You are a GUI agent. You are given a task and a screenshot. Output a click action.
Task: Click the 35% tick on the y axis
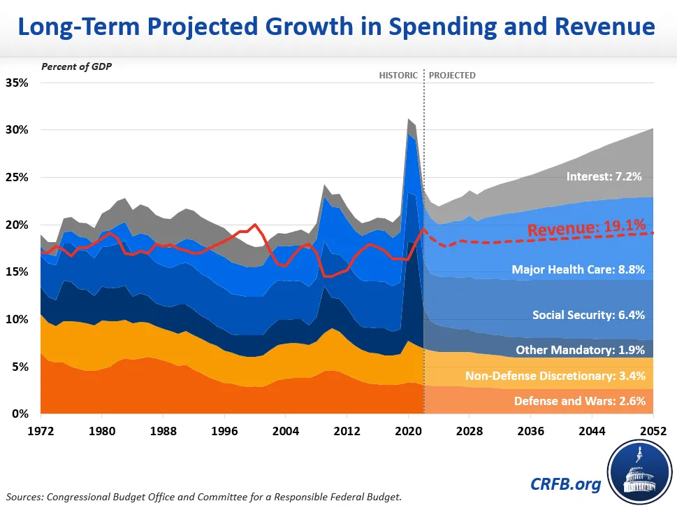(x=17, y=83)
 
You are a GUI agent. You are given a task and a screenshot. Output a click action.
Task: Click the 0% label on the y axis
(x=20, y=414)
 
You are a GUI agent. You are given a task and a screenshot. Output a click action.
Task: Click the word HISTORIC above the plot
(x=398, y=75)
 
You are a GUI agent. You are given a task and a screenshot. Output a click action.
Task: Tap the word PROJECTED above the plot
(x=452, y=75)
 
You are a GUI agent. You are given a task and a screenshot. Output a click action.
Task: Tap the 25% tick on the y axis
(x=17, y=177)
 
